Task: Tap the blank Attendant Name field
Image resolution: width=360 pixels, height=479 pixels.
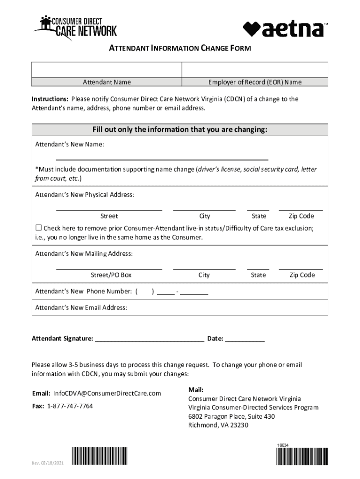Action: pos(107,70)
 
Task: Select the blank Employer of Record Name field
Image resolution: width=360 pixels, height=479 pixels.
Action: pos(254,70)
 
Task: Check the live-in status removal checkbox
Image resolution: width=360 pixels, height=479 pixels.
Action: pos(39,228)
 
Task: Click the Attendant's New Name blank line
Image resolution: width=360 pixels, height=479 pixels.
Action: pos(162,157)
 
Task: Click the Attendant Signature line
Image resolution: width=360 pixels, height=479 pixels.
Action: pos(150,340)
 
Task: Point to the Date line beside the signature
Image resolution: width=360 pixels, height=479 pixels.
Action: pos(245,340)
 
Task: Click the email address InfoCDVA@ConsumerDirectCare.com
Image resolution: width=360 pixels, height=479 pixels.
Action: pos(107,393)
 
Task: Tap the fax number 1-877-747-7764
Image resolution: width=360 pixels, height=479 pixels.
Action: pos(70,406)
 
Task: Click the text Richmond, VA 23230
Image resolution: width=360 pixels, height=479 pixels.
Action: pos(218,425)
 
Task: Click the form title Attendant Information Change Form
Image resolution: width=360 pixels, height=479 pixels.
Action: pos(180,48)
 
